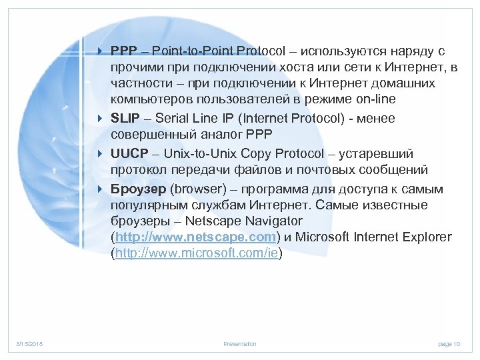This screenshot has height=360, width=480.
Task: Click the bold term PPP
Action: pos(123,51)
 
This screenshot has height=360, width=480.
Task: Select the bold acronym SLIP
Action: pos(124,118)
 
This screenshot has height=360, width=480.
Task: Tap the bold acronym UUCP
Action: pos(127,154)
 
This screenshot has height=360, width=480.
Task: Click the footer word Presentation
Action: pos(240,344)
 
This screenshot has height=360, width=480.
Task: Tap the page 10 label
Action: pos(449,344)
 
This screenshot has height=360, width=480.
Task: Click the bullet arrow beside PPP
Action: pos(100,51)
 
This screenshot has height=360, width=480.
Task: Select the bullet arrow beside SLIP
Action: pos(100,118)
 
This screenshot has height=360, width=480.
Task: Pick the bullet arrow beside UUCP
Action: pos(100,154)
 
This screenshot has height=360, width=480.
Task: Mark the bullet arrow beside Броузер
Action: pos(100,189)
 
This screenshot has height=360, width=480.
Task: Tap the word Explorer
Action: pos(427,237)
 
